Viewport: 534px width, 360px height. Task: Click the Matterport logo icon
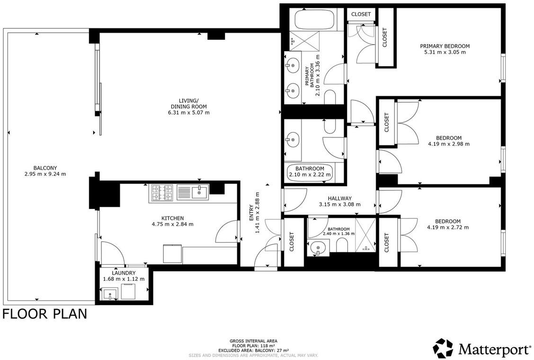point(443,349)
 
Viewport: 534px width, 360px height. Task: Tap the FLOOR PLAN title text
point(44,314)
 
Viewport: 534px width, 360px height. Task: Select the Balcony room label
point(45,168)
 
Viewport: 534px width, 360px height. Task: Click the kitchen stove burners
point(162,193)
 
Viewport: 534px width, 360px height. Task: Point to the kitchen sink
point(200,191)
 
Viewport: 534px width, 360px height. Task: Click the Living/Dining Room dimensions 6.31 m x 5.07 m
point(189,113)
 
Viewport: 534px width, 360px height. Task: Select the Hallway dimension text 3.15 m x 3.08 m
point(339,205)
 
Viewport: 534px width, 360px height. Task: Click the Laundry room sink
point(110,293)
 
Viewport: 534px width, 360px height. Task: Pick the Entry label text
point(251,213)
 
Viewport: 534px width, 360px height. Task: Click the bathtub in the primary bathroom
point(315,20)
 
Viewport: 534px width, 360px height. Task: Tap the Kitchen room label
point(172,218)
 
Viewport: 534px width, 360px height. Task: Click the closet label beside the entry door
point(292,242)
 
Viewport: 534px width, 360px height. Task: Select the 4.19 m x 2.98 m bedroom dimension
point(449,144)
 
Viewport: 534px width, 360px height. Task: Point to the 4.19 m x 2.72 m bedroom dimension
point(448,227)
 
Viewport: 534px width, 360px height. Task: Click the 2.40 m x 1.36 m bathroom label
point(339,232)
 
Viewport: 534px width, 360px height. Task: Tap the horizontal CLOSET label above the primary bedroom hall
point(361,14)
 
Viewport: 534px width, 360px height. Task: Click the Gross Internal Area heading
point(253,341)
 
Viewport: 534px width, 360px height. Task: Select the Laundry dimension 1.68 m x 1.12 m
point(124,279)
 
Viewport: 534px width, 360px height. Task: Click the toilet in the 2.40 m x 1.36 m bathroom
point(342,245)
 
